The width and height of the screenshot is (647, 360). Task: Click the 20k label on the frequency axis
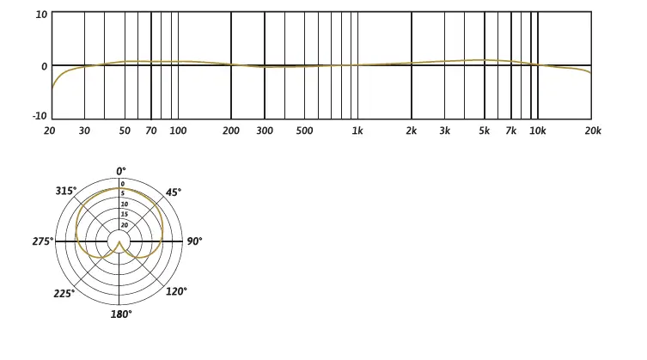[x=593, y=131]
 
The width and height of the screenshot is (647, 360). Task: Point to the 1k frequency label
[x=357, y=131]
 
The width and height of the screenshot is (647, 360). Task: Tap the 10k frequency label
[x=538, y=131]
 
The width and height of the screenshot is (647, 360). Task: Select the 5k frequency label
[x=484, y=131]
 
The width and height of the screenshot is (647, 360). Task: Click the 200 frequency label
[x=230, y=131]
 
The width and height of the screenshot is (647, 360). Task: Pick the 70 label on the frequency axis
[x=151, y=131]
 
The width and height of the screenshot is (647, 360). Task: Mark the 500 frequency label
[x=304, y=131]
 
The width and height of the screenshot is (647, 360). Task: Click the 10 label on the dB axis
[x=42, y=15]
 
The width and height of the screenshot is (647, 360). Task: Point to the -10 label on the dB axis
[x=40, y=116]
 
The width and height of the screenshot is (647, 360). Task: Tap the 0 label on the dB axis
[x=44, y=66]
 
